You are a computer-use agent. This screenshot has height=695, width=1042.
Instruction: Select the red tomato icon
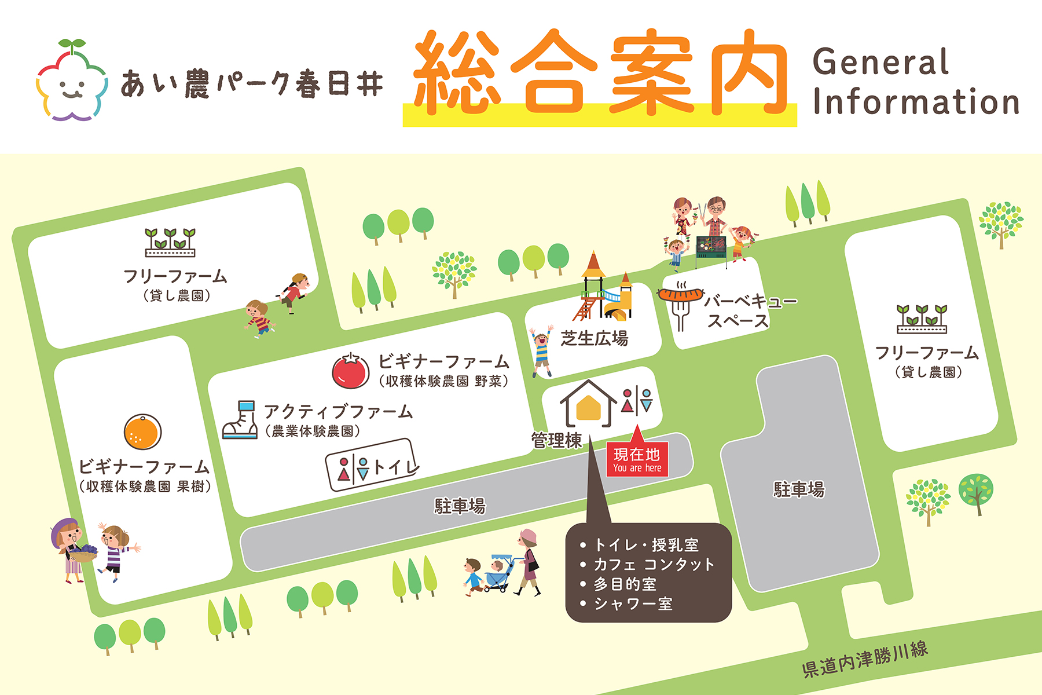coord(351,371)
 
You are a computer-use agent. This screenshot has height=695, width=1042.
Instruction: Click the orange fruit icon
coord(142,432)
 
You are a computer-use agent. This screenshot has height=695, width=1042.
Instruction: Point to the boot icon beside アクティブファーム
coord(241,420)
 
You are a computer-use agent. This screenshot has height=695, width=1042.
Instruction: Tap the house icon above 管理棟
coord(588,404)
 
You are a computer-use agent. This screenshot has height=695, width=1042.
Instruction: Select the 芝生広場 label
coord(594,338)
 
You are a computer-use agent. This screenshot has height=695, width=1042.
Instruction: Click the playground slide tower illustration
coord(602,290)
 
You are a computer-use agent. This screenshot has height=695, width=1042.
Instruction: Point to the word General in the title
coord(880,63)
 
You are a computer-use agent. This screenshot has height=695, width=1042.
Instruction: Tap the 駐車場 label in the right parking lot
coord(799,490)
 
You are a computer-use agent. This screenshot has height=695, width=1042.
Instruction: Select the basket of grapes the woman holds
coord(84,553)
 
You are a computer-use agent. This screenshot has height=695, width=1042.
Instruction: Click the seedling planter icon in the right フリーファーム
coord(922,320)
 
